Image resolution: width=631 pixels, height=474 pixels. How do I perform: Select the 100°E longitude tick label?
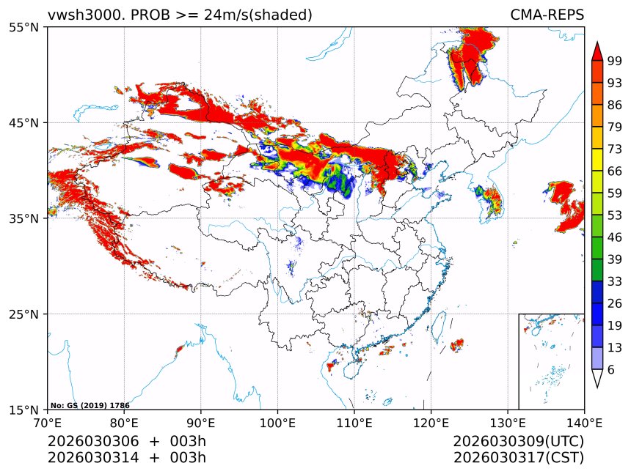(277, 423)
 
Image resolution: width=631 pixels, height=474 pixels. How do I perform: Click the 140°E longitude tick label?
(584, 423)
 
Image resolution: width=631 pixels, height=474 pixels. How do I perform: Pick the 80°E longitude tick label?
(124, 423)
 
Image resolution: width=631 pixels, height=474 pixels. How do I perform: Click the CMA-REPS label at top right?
(547, 15)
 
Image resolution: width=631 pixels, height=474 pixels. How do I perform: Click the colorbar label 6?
(611, 369)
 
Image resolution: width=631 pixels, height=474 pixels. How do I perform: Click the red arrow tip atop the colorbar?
(597, 50)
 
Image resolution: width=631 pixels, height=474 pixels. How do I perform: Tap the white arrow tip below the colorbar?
(597, 379)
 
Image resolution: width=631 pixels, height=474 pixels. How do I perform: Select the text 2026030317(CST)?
(518, 458)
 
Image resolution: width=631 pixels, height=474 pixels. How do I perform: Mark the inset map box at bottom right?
(551, 361)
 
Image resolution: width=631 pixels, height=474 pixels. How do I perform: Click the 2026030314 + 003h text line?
(126, 458)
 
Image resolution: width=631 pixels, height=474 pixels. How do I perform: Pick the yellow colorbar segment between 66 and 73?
(597, 160)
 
